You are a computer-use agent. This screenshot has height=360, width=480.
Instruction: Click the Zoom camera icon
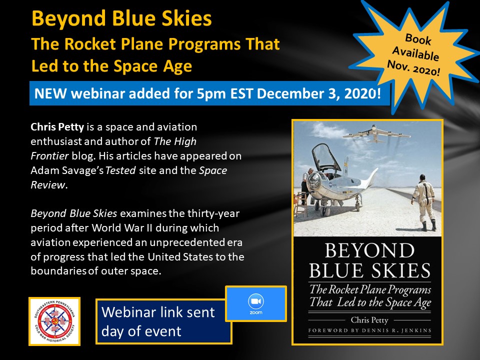pos(256,301)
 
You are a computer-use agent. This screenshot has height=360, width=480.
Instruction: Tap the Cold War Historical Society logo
pos(54,321)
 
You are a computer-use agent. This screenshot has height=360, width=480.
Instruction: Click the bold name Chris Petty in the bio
pos(57,127)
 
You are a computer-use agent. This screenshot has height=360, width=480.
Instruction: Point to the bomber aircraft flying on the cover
pos(377,134)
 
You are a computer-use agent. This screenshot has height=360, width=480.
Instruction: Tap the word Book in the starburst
pos(418,39)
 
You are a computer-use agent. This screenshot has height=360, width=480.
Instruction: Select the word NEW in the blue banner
pos(50,93)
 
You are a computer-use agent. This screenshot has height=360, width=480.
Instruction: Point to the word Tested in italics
pos(120,170)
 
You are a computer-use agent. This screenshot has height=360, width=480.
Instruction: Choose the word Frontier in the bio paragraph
pos(49,156)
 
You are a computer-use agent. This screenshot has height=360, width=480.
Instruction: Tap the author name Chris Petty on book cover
pos(369,320)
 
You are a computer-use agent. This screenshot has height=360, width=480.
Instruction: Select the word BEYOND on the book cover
pos(369,250)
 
